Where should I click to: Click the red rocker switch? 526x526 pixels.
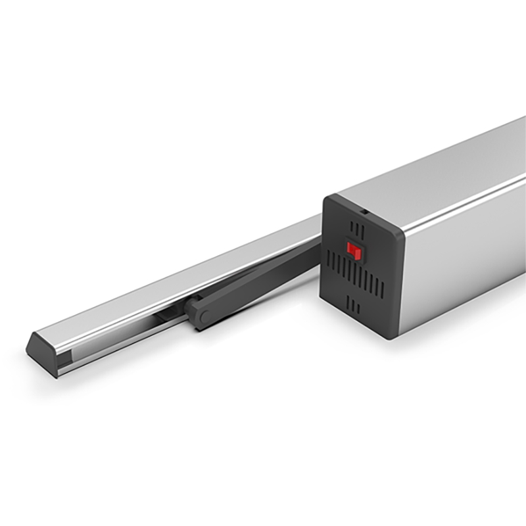click(354, 251)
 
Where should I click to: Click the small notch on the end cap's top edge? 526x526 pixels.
click(362, 212)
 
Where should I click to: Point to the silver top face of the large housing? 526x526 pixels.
click(434, 164)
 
